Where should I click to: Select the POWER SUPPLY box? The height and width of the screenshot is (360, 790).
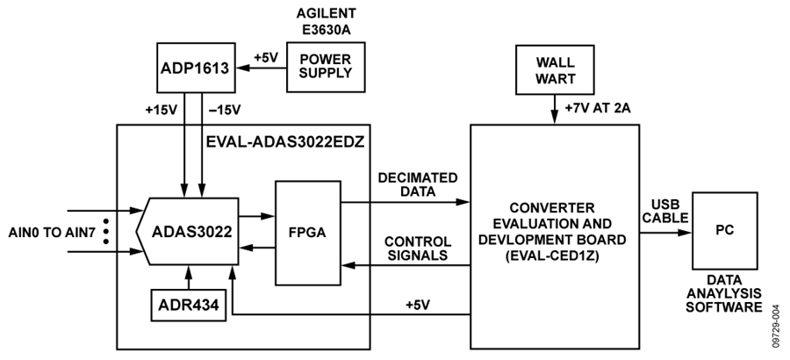[x=320, y=68]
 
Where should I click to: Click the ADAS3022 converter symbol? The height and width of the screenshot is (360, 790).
[x=186, y=233]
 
